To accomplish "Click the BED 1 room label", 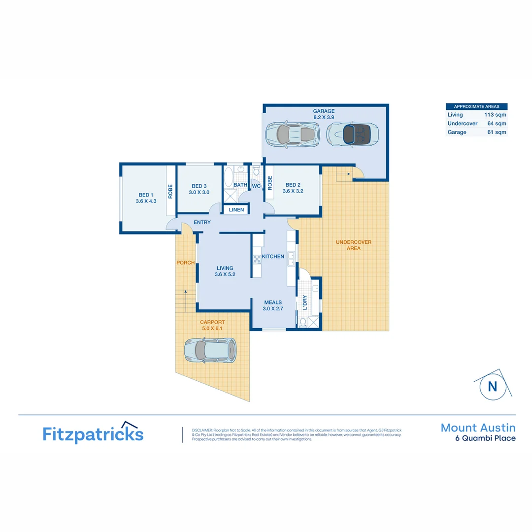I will (x=146, y=195).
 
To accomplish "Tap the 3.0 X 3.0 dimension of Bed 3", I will (x=199, y=193).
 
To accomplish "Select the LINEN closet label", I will (x=236, y=210).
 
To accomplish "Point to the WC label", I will (x=256, y=186).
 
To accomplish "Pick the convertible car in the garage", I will (x=352, y=133).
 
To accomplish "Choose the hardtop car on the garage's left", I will (x=292, y=133).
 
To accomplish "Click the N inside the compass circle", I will (x=493, y=386).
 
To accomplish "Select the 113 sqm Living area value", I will (x=495, y=115).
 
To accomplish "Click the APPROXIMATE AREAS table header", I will (x=476, y=106).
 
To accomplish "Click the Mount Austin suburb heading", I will (x=478, y=428).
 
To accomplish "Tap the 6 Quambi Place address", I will (x=485, y=438).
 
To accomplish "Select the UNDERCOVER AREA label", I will (x=353, y=245).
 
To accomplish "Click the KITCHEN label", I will (x=273, y=257).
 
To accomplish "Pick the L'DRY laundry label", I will (x=304, y=302).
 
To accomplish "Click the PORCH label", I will (x=185, y=263).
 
